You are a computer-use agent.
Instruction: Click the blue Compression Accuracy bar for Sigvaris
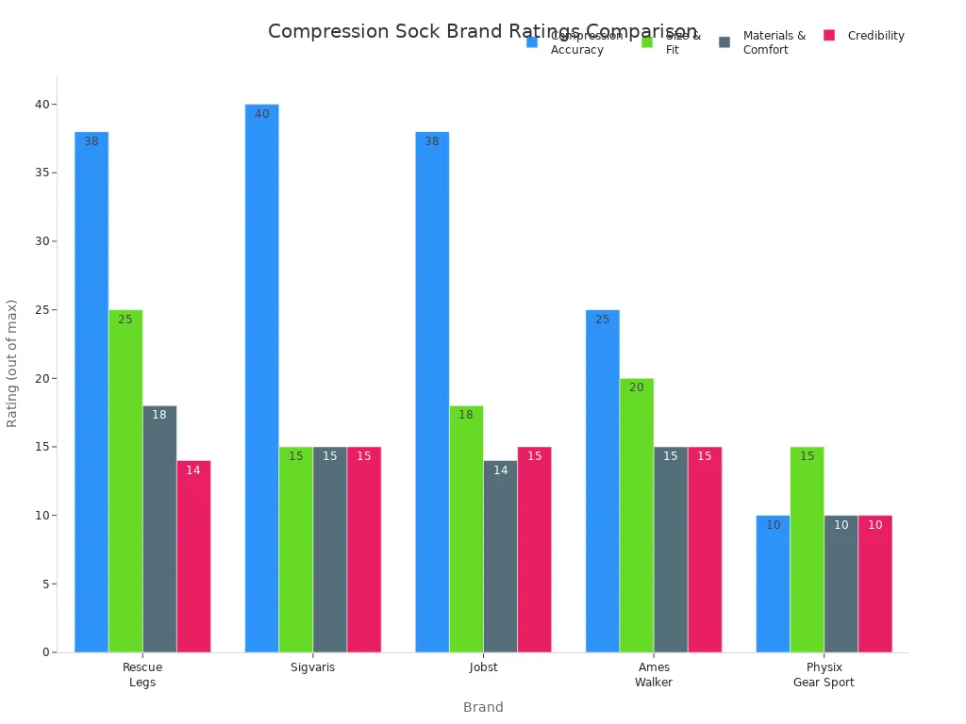click(x=261, y=378)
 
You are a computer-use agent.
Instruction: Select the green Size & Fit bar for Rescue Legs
click(x=125, y=481)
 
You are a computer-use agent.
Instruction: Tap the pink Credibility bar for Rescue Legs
click(x=193, y=556)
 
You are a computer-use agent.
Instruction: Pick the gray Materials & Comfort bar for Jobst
click(x=500, y=556)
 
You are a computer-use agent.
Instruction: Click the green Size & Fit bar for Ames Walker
click(x=637, y=515)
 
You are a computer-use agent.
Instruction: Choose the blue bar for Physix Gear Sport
click(x=773, y=584)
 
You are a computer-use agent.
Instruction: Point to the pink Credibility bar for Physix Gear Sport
click(x=874, y=584)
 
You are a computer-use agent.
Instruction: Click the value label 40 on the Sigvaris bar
click(x=261, y=114)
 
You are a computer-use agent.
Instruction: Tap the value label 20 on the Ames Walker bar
click(x=637, y=387)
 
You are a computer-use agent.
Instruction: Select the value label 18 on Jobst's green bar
click(x=466, y=415)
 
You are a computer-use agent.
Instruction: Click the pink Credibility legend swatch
click(x=829, y=36)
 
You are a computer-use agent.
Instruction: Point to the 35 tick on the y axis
click(x=42, y=173)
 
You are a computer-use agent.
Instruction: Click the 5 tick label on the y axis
click(x=44, y=584)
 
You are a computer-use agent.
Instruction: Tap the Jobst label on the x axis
click(x=483, y=667)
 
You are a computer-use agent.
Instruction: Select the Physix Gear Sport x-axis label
click(x=824, y=675)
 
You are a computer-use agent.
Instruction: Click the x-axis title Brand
click(x=483, y=707)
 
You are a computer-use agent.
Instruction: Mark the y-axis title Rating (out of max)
click(x=12, y=363)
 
